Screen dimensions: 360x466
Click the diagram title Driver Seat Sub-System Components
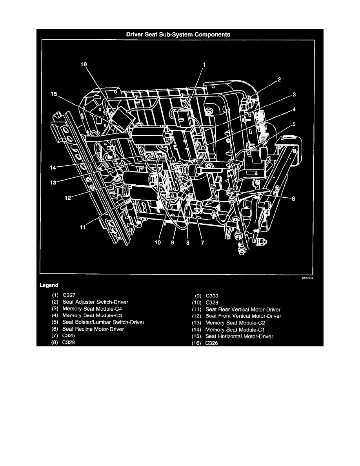tap(178, 35)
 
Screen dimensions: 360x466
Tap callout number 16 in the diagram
tap(84, 64)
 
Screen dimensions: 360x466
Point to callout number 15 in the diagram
tap(54, 94)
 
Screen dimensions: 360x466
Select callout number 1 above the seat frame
tap(204, 64)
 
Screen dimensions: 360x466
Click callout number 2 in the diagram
tap(279, 79)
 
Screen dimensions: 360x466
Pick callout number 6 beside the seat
tap(293, 198)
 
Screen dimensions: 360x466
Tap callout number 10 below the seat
tap(158, 242)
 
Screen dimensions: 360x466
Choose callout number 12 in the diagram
tap(68, 198)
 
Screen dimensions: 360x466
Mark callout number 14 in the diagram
tap(53, 167)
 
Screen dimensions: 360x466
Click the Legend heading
tap(49, 285)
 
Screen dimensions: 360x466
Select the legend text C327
tap(69, 295)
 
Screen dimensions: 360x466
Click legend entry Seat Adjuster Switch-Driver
tap(95, 302)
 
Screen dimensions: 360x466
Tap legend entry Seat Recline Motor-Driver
tap(93, 329)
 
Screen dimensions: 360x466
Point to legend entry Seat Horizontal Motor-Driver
tap(239, 337)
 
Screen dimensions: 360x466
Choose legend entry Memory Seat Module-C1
tap(235, 329)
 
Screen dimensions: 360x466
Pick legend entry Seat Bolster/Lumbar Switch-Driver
tap(104, 322)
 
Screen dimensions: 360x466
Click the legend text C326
tap(211, 343)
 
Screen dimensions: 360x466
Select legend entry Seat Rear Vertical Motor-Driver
tap(243, 309)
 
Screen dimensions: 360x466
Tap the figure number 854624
tap(307, 278)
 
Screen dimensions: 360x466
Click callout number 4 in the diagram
tap(294, 109)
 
